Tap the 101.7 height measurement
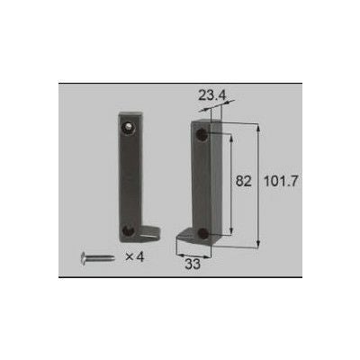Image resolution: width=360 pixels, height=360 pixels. (x=284, y=181)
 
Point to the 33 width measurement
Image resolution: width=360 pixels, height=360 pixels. (x=193, y=265)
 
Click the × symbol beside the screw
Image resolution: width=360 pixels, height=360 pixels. (x=128, y=257)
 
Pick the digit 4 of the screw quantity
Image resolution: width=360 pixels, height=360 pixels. (x=140, y=257)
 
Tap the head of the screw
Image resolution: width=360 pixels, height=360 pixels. (x=84, y=258)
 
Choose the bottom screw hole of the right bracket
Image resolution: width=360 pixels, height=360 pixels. (x=202, y=233)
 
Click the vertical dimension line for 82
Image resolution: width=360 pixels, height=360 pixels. (x=232, y=181)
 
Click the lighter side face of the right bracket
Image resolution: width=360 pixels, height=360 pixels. (x=217, y=180)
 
